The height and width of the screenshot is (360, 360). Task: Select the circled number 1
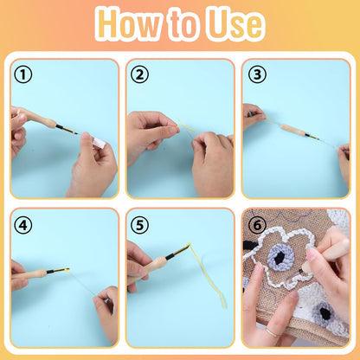(22, 74)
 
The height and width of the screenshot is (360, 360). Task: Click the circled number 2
(139, 74)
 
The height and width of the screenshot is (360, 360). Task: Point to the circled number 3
(257, 74)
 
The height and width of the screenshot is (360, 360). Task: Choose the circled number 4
(22, 225)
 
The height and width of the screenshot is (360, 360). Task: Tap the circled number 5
(139, 225)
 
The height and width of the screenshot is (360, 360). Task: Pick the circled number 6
(257, 225)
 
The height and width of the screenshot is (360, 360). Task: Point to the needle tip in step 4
(68, 270)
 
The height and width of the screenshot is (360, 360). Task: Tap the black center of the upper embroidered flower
(280, 259)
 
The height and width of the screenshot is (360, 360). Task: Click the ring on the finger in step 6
(272, 331)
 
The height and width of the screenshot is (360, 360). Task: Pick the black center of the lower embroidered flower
(325, 313)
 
